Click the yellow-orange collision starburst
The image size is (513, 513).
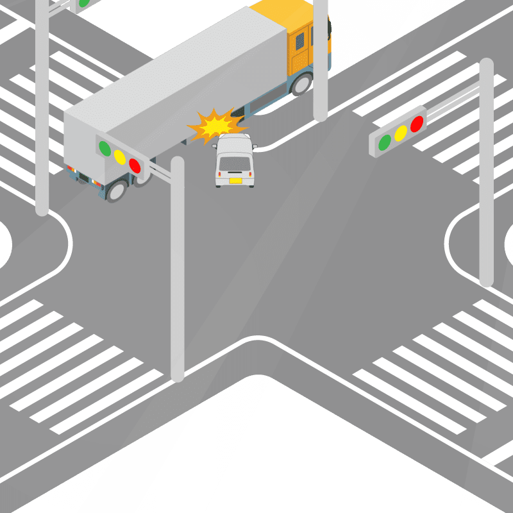tap(215, 126)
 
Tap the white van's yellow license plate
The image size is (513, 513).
tap(235, 181)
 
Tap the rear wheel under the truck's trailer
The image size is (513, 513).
tap(117, 190)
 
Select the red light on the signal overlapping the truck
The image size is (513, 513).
tap(135, 165)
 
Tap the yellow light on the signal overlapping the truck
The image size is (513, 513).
tap(119, 156)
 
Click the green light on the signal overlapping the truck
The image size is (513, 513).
tap(104, 147)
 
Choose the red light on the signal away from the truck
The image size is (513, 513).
tap(417, 123)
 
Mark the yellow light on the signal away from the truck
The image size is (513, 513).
tap(401, 133)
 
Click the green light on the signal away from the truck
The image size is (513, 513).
tap(385, 142)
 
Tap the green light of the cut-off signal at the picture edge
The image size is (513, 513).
tap(83, 3)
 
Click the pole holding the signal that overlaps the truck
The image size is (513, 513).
tap(178, 269)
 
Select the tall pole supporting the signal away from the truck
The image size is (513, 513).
tap(486, 192)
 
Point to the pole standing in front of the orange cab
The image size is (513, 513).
tap(320, 64)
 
